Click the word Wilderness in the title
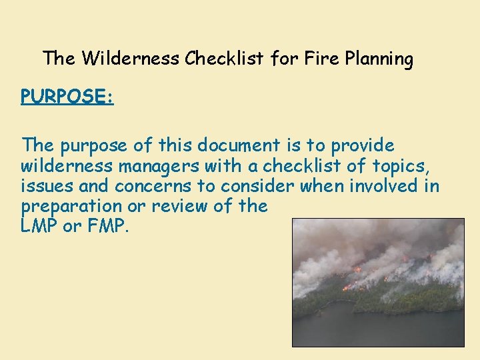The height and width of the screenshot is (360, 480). click(131, 59)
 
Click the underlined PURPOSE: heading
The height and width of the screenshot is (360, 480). click(67, 97)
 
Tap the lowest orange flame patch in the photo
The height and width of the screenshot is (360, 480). click(348, 287)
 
